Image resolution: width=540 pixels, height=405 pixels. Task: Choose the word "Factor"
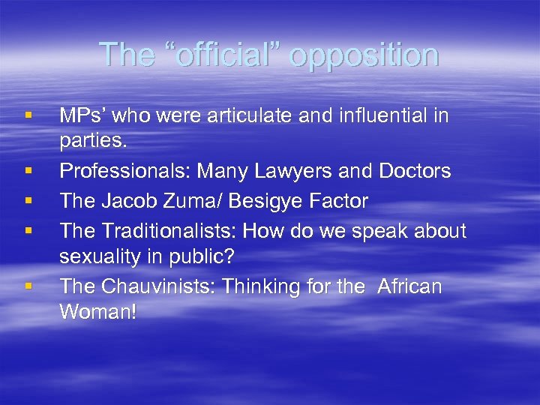click(340, 201)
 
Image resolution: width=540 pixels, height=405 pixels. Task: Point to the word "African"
click(409, 286)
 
